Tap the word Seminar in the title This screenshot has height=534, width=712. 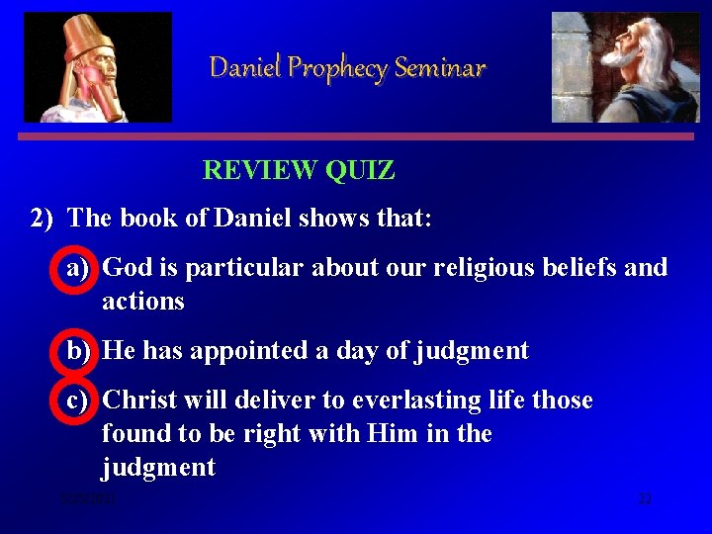tap(440, 68)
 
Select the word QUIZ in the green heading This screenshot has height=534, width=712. tap(359, 171)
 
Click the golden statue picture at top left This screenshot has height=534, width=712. tap(97, 67)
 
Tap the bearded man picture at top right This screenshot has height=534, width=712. tap(625, 67)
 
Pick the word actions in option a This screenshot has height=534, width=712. tap(143, 302)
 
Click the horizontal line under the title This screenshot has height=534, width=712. tap(358, 137)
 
